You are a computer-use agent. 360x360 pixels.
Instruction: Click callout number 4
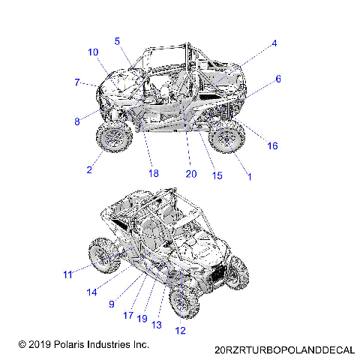274,43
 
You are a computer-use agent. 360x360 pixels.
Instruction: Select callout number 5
117,40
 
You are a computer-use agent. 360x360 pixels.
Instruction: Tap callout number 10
93,52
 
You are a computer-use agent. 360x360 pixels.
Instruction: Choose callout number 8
77,121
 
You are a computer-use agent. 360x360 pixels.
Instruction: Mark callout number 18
154,173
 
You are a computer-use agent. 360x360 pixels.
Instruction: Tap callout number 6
278,79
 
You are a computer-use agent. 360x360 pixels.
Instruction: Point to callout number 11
67,275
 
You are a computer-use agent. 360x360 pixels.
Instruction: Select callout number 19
141,319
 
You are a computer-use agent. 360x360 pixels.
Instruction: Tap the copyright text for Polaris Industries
83,344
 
